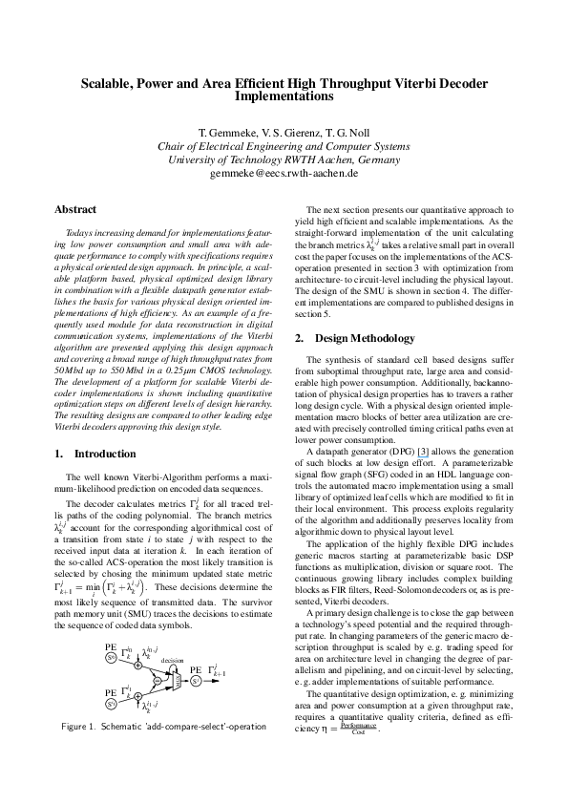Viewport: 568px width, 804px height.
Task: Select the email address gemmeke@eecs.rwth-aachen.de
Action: click(x=284, y=174)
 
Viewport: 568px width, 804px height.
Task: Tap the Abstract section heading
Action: click(x=75, y=209)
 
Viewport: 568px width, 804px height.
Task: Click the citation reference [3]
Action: click(x=423, y=452)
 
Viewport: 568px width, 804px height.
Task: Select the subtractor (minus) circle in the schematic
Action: click(x=158, y=681)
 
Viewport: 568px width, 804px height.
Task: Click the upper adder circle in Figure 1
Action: click(x=137, y=666)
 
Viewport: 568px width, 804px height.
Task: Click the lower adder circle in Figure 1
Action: click(x=137, y=696)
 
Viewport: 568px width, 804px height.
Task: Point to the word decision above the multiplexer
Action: click(x=172, y=660)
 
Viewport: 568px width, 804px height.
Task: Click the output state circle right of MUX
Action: click(x=196, y=681)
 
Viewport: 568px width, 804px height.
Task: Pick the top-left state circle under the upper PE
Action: click(x=112, y=657)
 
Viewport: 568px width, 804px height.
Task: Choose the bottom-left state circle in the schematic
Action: click(x=112, y=704)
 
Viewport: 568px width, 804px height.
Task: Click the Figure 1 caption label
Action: click(x=78, y=727)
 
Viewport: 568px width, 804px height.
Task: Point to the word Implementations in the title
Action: click(x=284, y=96)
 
